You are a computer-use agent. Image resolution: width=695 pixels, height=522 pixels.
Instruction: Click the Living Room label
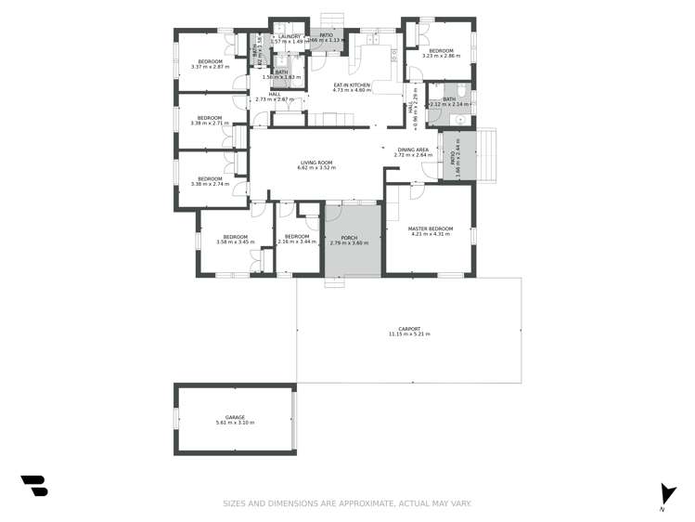(x=316, y=162)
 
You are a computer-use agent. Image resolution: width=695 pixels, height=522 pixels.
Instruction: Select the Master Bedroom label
(x=431, y=228)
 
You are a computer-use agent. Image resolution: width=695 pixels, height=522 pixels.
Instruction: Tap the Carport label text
(x=409, y=329)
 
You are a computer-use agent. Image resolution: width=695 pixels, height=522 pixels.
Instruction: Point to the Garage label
(x=235, y=418)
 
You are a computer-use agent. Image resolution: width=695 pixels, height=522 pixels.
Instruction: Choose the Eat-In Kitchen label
(x=352, y=85)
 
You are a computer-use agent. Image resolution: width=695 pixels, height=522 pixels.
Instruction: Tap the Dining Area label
(x=413, y=150)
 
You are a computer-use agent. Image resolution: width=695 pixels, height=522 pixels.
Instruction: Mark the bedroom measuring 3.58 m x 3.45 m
(x=235, y=241)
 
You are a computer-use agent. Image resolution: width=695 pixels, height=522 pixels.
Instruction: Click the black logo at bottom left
(x=34, y=485)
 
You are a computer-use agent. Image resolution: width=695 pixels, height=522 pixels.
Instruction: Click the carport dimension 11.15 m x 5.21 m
(x=409, y=334)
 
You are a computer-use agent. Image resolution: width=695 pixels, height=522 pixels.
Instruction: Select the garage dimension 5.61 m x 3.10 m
(x=235, y=424)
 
